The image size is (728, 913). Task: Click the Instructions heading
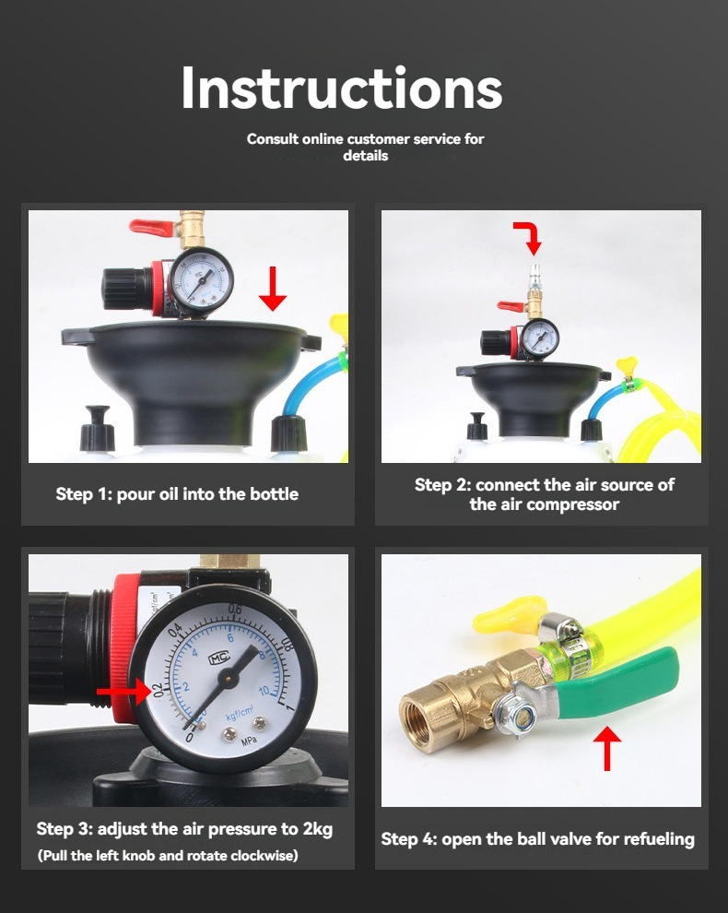pyautogui.click(x=342, y=88)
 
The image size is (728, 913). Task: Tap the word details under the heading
pyautogui.click(x=366, y=156)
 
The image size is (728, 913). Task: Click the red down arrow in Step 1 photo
pyautogui.click(x=273, y=289)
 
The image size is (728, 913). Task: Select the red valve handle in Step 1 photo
pyautogui.click(x=152, y=228)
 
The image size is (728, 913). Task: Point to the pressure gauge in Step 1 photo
pyautogui.click(x=201, y=280)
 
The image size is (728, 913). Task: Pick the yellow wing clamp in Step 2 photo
pyautogui.click(x=628, y=366)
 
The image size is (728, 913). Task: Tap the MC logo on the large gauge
pyautogui.click(x=219, y=658)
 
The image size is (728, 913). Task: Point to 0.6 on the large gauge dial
pyautogui.click(x=234, y=611)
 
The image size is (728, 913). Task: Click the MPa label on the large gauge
pyautogui.click(x=249, y=742)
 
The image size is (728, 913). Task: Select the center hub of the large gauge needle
pyautogui.click(x=227, y=676)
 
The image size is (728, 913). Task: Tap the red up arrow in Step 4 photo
pyautogui.click(x=607, y=748)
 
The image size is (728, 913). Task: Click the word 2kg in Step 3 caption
pyautogui.click(x=317, y=829)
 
